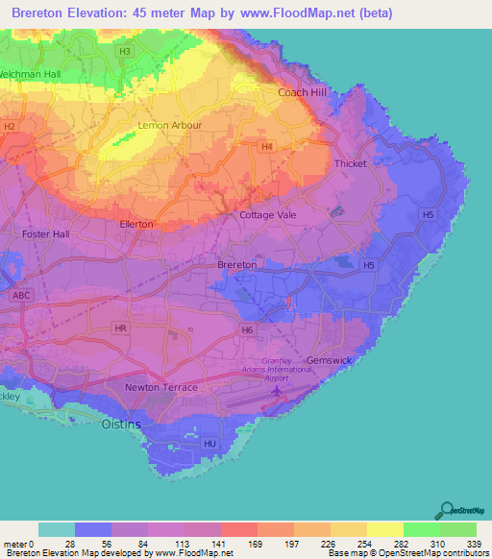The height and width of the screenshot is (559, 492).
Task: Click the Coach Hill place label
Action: pyautogui.click(x=302, y=92)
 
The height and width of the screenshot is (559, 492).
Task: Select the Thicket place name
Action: pyautogui.click(x=350, y=163)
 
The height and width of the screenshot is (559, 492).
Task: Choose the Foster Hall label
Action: pyautogui.click(x=46, y=233)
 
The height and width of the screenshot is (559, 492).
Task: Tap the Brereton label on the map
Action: pyautogui.click(x=236, y=264)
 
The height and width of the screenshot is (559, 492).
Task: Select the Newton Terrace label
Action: pyautogui.click(x=161, y=387)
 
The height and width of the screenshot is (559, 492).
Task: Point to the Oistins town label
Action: pyautogui.click(x=121, y=424)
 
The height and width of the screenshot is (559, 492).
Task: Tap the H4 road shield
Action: pyautogui.click(x=267, y=146)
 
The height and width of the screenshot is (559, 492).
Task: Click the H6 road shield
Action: pyautogui.click(x=247, y=329)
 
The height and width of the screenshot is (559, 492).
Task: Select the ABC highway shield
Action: pyautogui.click(x=22, y=296)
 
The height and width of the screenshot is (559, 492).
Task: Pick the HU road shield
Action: pyautogui.click(x=210, y=443)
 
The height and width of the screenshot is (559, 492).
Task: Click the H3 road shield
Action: pyautogui.click(x=124, y=51)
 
